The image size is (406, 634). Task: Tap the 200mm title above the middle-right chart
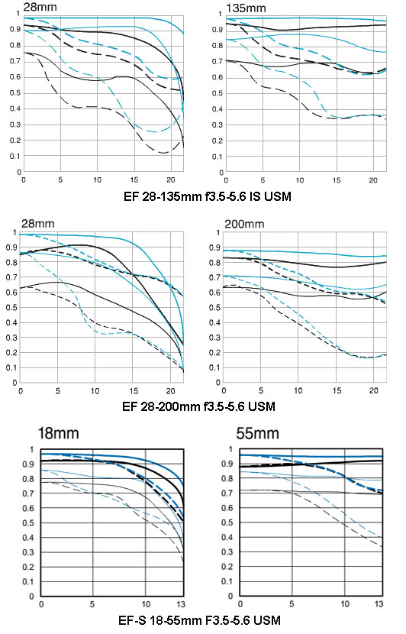[244, 224]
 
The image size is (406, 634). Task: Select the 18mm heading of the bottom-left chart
[58, 433]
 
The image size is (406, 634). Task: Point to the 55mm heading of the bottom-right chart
[257, 433]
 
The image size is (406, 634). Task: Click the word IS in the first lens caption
[256, 196]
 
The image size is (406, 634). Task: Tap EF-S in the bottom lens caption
[132, 620]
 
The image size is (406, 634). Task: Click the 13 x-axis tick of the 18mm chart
[181, 604]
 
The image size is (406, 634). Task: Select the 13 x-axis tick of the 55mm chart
[379, 603]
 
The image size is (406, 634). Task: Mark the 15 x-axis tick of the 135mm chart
[336, 180]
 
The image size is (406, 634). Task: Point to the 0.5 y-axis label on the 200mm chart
[216, 308]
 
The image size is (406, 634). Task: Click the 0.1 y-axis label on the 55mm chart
[228, 581]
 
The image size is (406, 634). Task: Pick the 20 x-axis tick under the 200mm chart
[374, 390]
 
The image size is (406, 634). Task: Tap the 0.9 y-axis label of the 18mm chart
[29, 464]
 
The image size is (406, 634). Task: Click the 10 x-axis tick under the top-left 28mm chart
[98, 180]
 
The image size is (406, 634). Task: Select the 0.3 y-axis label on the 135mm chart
[217, 125]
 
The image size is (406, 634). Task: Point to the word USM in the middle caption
[261, 406]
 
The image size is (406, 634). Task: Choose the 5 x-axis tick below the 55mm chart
[292, 603]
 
